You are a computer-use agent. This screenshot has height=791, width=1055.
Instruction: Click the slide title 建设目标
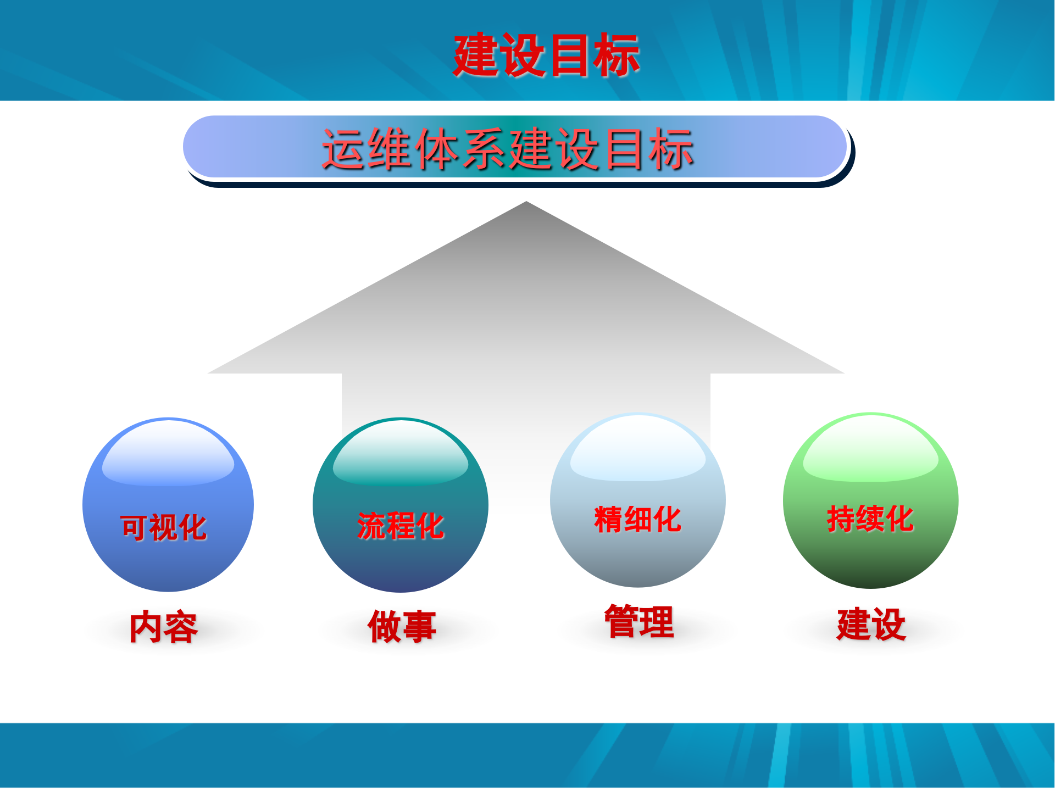click(546, 55)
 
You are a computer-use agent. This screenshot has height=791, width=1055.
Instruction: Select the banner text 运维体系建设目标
click(508, 149)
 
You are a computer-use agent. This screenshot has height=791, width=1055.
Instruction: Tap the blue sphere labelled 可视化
click(168, 555)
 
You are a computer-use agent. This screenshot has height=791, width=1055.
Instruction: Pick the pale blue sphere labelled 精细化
click(637, 555)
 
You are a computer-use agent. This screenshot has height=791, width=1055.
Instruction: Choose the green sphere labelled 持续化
click(870, 555)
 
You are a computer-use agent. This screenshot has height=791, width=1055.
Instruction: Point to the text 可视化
click(163, 527)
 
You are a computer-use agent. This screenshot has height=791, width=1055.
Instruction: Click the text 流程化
click(401, 526)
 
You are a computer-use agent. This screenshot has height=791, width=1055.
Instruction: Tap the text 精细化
click(637, 519)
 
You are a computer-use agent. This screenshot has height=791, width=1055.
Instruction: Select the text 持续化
click(870, 519)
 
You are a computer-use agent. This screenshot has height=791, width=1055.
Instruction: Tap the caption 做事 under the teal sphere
click(402, 626)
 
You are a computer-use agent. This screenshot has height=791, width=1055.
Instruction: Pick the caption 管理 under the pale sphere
click(639, 621)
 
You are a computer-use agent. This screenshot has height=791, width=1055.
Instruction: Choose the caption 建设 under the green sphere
click(871, 624)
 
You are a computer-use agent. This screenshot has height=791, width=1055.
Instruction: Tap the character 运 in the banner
click(343, 149)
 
